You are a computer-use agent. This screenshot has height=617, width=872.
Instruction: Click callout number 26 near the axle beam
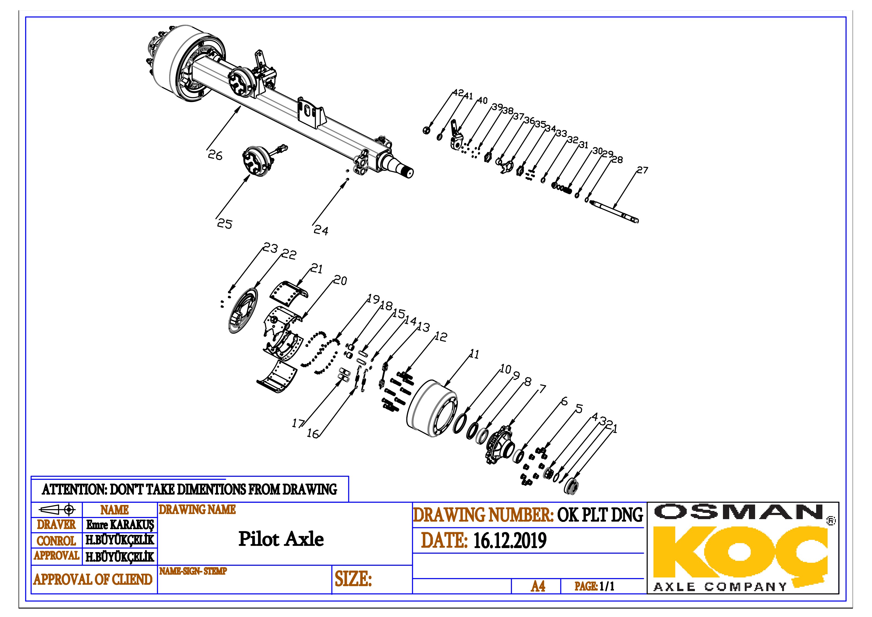215,155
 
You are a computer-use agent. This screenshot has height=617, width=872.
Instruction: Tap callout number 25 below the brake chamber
225,224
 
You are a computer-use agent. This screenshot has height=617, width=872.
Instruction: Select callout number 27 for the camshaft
642,170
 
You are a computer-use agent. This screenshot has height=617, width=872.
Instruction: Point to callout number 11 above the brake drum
474,354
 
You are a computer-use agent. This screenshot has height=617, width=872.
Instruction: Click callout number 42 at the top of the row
458,93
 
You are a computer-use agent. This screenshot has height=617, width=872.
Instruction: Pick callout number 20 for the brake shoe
340,280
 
